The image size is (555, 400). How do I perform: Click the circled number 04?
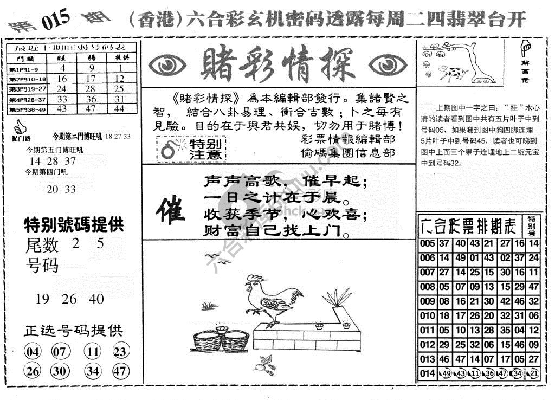click(x=33, y=352)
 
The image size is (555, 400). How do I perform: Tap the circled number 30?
click(x=60, y=371)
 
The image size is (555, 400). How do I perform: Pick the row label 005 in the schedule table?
click(x=427, y=243)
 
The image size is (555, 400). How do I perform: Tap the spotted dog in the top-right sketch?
click(x=451, y=71)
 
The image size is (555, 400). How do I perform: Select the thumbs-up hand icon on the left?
click(x=20, y=128)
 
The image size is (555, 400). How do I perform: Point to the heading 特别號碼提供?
click(x=74, y=224)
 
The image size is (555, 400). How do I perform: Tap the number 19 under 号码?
click(x=42, y=299)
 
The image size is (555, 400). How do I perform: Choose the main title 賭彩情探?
click(x=277, y=64)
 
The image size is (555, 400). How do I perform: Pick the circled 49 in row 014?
click(x=447, y=374)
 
